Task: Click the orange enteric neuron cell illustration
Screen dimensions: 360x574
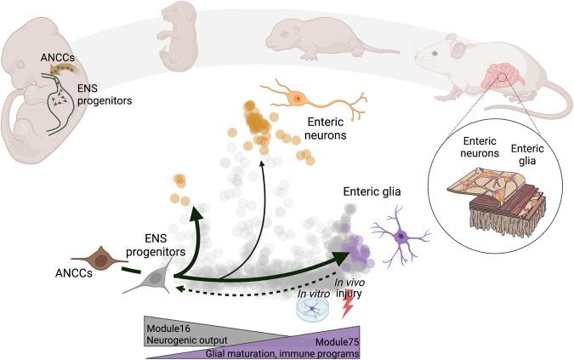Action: point(298,99)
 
